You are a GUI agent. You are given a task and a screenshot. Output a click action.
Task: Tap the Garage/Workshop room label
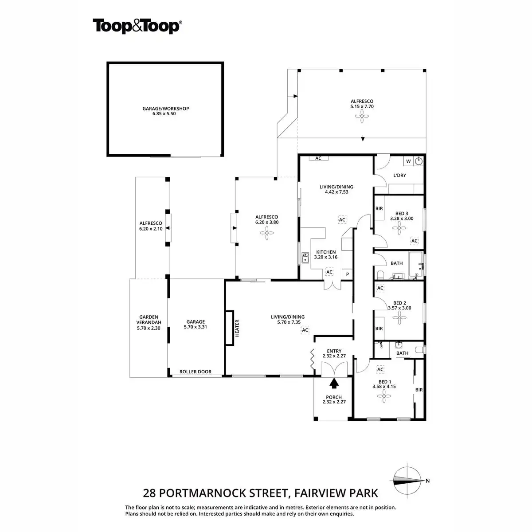point(165,109)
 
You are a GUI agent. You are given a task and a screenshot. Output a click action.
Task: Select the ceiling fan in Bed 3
point(399,228)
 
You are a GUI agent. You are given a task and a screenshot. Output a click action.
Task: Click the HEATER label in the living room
point(237,328)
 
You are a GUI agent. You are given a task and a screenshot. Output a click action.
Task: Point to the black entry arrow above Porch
point(334,383)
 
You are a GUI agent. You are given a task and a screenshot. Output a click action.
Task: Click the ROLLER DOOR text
point(195,372)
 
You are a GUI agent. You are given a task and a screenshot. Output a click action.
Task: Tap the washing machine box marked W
point(408,161)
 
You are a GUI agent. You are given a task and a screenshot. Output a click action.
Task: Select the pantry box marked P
point(348,274)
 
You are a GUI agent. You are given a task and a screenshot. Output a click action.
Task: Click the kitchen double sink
point(305,257)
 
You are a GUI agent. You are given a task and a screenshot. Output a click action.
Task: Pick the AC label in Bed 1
point(380,369)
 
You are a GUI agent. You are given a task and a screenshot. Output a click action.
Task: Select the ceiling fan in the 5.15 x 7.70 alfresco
point(362,117)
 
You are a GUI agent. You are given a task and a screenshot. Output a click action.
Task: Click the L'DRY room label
point(399,176)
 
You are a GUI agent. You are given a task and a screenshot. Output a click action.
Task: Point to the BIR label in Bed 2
point(379,329)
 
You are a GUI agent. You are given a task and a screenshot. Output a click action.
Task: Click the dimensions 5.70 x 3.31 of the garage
point(196,327)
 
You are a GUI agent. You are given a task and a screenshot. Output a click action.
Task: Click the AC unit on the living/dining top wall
point(318,158)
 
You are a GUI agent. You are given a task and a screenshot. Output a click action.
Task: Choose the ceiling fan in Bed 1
point(384,397)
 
